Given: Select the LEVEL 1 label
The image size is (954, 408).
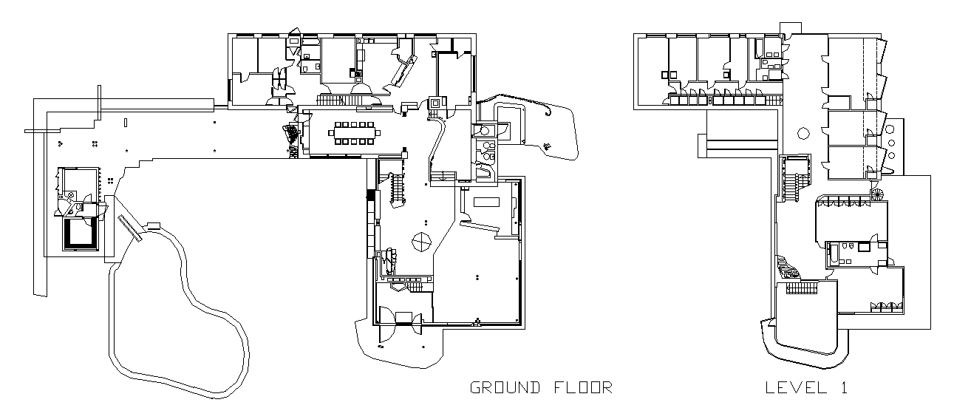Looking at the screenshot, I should tap(806, 387).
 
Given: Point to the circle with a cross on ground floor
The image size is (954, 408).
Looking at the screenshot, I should tap(421, 241).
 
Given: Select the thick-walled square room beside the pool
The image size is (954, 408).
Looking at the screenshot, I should tap(79, 233).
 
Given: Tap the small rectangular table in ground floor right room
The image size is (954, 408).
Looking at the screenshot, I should tap(486, 202).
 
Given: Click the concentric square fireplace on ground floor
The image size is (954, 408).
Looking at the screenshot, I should tap(435, 103).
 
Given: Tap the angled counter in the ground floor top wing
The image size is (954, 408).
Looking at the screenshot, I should tap(404, 72).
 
